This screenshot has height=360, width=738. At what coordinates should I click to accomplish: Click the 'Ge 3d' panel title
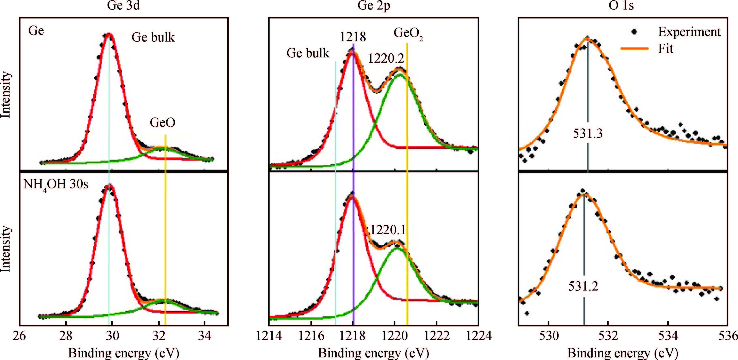pyautogui.click(x=124, y=6)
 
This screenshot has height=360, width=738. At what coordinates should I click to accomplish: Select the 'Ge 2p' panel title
pyautogui.click(x=374, y=6)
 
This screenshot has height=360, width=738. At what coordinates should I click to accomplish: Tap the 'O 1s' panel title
pyautogui.click(x=621, y=6)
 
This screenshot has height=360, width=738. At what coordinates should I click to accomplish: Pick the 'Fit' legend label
pyautogui.click(x=665, y=49)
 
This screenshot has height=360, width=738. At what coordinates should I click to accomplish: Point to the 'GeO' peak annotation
pyautogui.click(x=162, y=123)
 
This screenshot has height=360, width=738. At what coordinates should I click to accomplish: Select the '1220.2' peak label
pyautogui.click(x=386, y=59)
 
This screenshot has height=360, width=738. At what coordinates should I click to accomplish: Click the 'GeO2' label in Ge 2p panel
pyautogui.click(x=408, y=34)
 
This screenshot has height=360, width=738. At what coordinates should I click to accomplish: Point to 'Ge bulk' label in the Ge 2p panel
pyautogui.click(x=308, y=53)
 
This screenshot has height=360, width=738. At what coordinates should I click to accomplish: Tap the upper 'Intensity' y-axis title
pyautogui.click(x=6, y=95)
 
